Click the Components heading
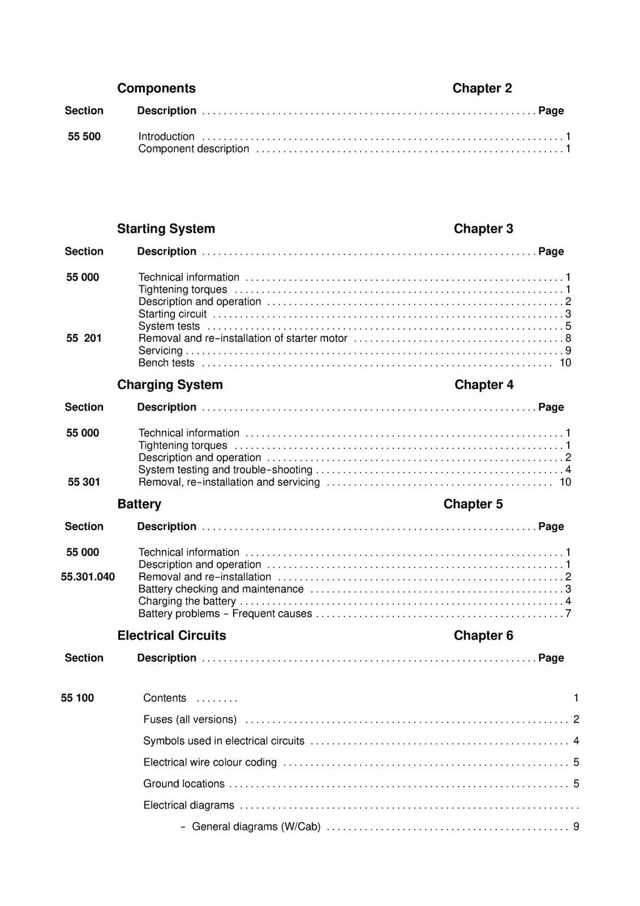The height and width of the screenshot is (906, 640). [156, 88]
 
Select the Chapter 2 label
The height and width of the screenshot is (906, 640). [482, 88]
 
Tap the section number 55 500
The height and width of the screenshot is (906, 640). [84, 136]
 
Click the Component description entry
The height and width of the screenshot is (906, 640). [193, 149]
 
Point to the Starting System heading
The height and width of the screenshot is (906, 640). [166, 229]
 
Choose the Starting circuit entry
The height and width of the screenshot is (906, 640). [172, 314]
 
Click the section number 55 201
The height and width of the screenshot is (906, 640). [84, 338]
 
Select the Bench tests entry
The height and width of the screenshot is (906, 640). [166, 363]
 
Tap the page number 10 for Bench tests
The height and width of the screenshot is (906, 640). [565, 363]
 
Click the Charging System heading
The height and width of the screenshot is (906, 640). [169, 385]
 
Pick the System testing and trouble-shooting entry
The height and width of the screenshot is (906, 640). [225, 470]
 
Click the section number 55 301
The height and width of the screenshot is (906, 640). [84, 482]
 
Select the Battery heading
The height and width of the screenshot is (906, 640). [139, 504]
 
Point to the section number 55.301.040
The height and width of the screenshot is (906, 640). [87, 576]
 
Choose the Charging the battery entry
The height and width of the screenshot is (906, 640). [187, 601]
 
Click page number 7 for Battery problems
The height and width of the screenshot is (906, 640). [568, 613]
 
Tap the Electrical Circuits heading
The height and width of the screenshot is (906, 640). [171, 635]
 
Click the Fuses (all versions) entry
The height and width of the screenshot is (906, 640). [190, 719]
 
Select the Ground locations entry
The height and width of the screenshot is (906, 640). [184, 783]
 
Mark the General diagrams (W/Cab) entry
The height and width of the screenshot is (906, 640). [256, 827]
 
